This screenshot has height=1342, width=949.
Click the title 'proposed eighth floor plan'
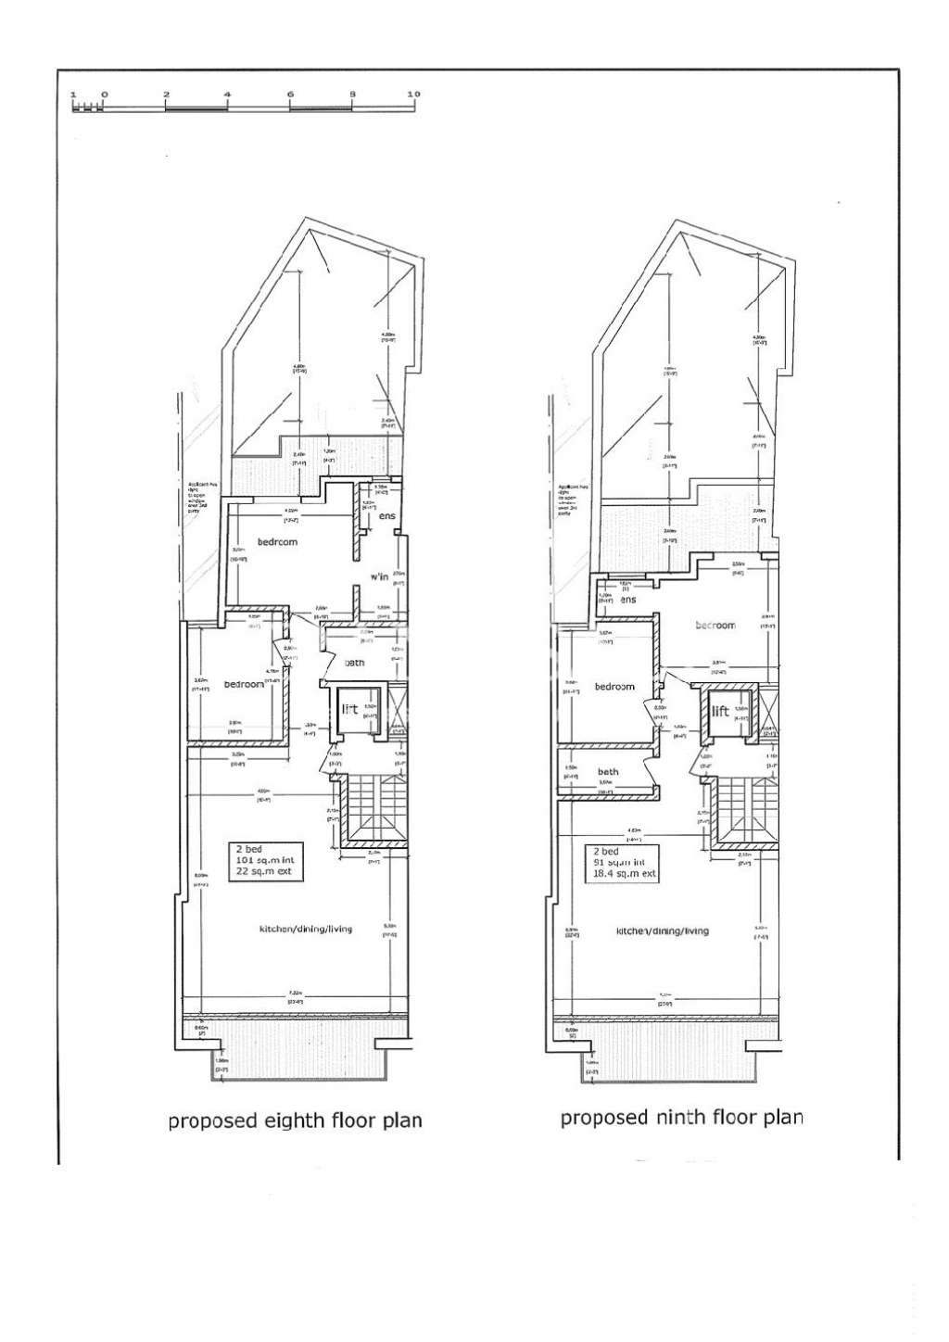(x=295, y=1120)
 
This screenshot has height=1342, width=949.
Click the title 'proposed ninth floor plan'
(x=681, y=1117)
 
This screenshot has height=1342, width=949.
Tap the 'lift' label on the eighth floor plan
(x=350, y=710)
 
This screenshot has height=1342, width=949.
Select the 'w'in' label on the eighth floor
(x=378, y=576)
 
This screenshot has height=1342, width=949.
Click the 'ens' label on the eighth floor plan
(x=386, y=515)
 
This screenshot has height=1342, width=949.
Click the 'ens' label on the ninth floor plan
(x=628, y=600)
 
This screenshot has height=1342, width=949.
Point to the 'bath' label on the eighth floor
(x=355, y=663)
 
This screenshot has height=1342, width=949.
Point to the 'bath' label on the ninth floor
(x=608, y=771)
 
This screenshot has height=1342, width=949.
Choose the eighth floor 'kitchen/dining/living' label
(x=305, y=928)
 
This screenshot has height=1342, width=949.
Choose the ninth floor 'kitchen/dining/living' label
(x=663, y=931)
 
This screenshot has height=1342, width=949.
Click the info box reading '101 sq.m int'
(x=265, y=861)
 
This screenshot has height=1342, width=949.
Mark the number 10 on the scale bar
(x=414, y=95)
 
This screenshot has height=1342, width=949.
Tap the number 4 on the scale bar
(x=227, y=95)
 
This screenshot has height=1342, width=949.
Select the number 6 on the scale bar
(x=290, y=95)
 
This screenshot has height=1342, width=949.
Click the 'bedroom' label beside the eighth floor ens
(x=277, y=542)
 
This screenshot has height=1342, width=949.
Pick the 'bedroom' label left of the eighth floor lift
(x=243, y=684)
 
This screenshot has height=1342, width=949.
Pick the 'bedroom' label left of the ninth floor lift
(x=614, y=687)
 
